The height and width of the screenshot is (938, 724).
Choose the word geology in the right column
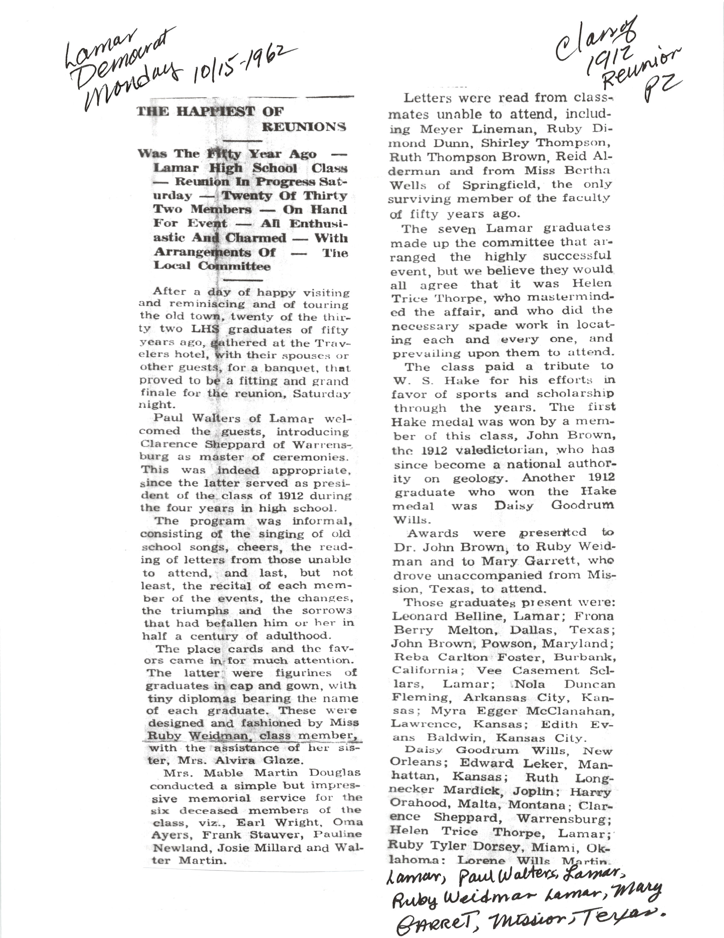[481, 478]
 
